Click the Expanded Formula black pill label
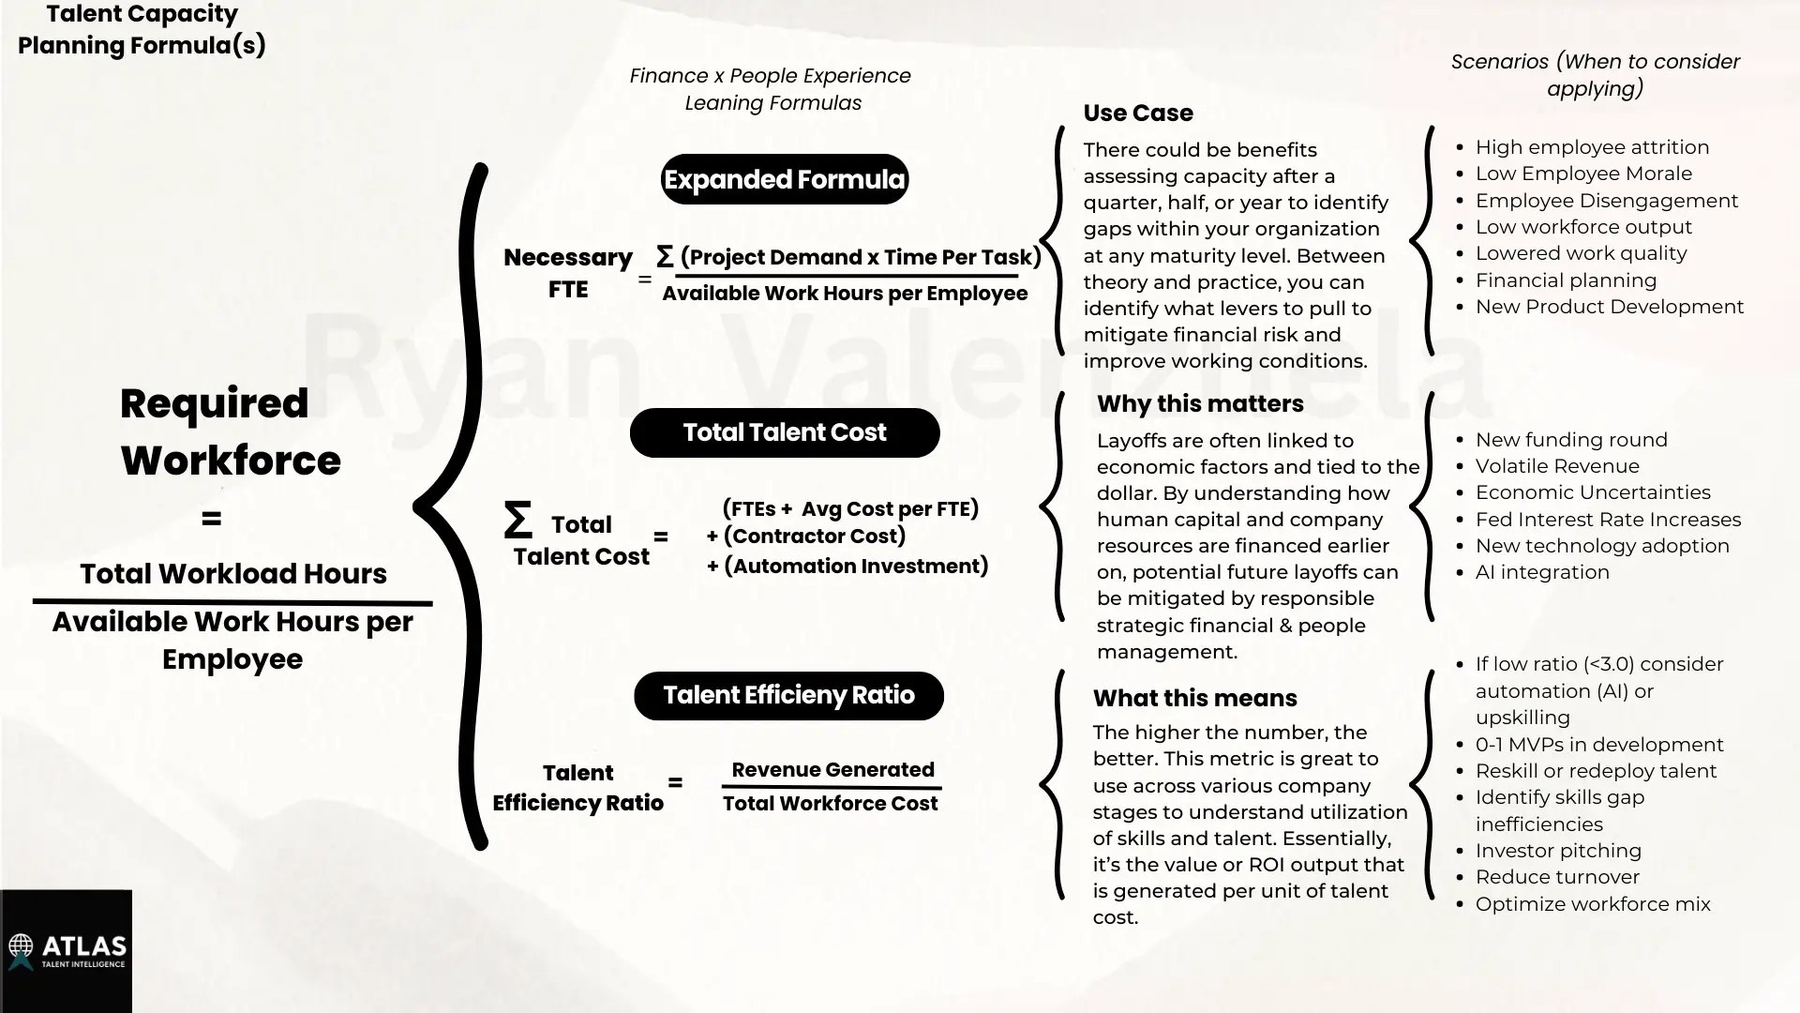pos(784,179)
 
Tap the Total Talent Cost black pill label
pos(784,432)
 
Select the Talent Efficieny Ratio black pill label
pos(788,695)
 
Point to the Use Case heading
pos(1138,113)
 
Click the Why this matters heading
pos(1200,404)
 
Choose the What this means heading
pos(1194,699)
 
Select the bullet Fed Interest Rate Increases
pos(1608,520)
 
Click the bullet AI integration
pos(1542,572)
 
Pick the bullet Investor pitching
pos(1558,851)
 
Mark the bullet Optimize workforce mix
pos(1593,904)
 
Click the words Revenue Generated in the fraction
pos(832,770)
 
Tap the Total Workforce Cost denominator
pos(830,804)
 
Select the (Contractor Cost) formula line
pos(814,537)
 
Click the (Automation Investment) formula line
pos(855,567)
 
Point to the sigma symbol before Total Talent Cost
pos(517,520)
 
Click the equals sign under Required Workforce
pos(212,519)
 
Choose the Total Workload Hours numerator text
pos(232,574)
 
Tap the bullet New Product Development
pos(1609,307)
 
